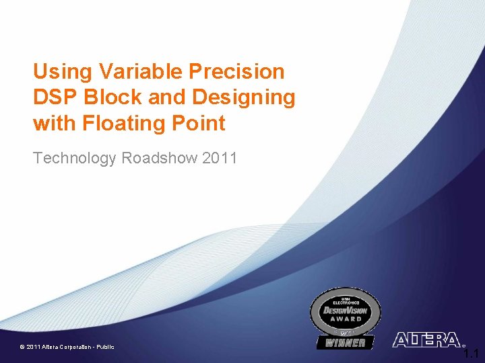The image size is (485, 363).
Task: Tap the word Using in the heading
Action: pos(61,71)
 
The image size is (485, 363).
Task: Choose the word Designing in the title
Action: pos(243,97)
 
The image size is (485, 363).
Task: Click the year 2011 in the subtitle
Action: pos(219,159)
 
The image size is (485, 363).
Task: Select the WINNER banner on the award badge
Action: pos(346,343)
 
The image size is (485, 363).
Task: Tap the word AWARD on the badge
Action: pos(345,319)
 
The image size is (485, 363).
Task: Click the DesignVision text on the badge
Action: pos(345,311)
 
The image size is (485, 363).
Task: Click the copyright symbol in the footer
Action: pos(22,347)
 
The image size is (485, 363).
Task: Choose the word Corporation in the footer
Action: pos(71,347)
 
